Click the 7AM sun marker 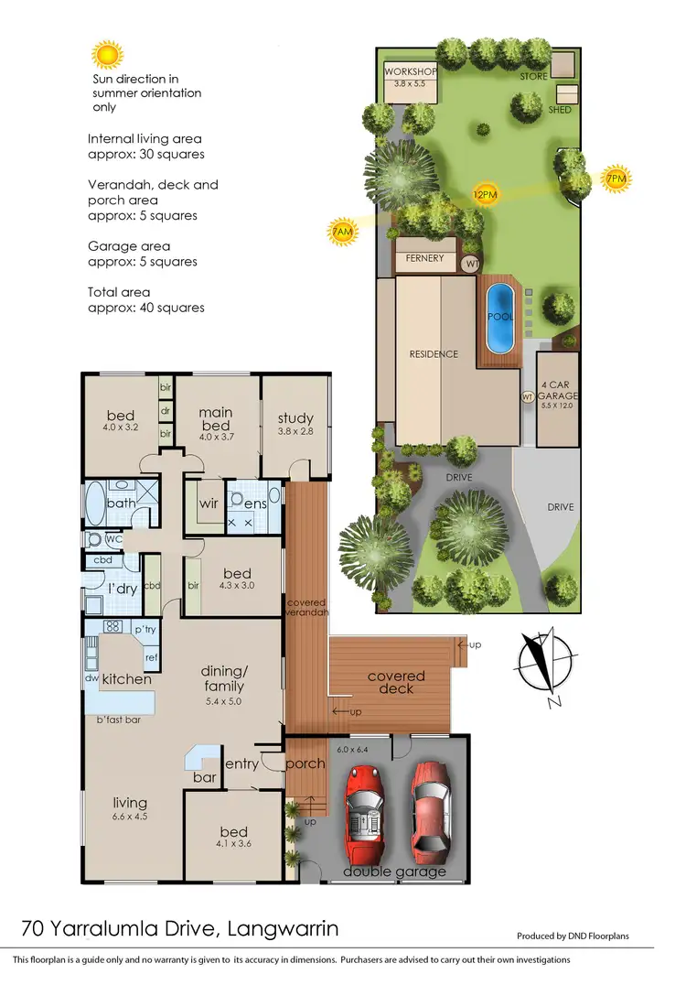[x=341, y=233]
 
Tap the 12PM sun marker [x=485, y=194]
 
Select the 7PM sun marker [x=616, y=179]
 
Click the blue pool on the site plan [x=499, y=318]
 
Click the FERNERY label [x=424, y=259]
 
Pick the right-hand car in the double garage [x=429, y=806]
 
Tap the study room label [x=295, y=419]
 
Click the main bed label [x=216, y=419]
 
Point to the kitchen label [x=126, y=679]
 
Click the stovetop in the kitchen [x=113, y=628]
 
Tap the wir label [x=208, y=503]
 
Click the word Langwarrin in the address [x=280, y=930]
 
